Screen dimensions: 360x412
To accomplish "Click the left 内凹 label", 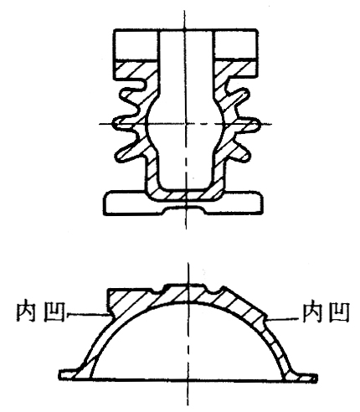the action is [41, 312].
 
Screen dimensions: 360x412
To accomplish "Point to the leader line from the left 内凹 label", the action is [87, 315].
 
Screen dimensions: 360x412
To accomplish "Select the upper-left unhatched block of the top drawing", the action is [136, 44].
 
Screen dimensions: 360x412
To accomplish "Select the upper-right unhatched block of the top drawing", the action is [235, 44].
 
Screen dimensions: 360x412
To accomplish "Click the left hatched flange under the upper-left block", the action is [136, 70].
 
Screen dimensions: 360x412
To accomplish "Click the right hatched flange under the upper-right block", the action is [236, 70].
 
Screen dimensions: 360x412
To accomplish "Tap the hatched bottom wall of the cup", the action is [185, 194].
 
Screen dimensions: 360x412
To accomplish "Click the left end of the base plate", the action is [105, 203].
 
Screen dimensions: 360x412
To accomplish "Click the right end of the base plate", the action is [261, 203].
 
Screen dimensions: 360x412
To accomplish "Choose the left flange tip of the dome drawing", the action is [60, 374].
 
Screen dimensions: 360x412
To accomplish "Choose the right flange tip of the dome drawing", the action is [316, 378].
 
